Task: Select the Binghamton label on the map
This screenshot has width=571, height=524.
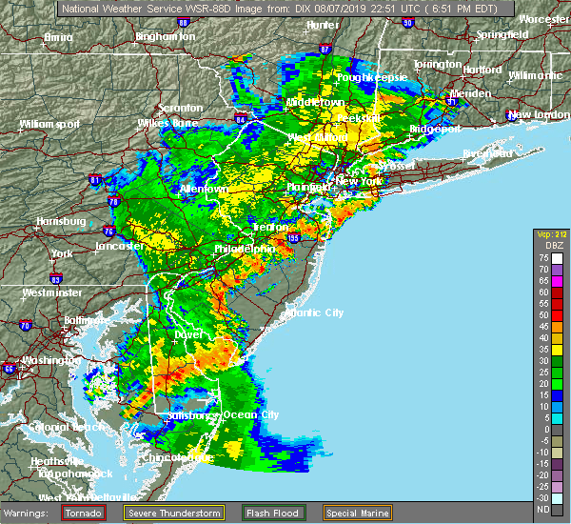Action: pyautogui.click(x=165, y=36)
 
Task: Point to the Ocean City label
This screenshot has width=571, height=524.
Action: pyautogui.click(x=251, y=414)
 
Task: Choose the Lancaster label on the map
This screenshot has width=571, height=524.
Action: pyautogui.click(x=119, y=246)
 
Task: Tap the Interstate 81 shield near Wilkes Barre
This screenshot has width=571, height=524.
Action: pyautogui.click(x=93, y=178)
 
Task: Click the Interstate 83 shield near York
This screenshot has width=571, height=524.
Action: pyautogui.click(x=57, y=278)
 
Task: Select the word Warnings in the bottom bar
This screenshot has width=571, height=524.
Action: pyautogui.click(x=30, y=511)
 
